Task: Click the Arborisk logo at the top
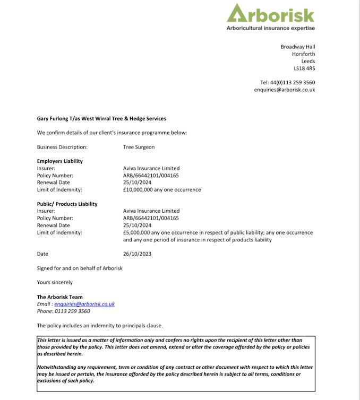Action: [270, 14]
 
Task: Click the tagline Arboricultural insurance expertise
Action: [270, 28]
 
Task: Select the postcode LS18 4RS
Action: [304, 68]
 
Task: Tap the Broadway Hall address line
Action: [298, 47]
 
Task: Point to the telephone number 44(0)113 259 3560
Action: [292, 82]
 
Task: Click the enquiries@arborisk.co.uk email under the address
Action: [284, 90]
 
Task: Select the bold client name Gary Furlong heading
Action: [101, 118]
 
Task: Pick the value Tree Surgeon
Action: [139, 147]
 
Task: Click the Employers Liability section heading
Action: [60, 161]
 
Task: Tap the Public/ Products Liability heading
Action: [67, 204]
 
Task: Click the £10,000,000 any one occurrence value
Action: [162, 189]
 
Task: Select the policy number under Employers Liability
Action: [151, 175]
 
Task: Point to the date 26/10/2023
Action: [137, 254]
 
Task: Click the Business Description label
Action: [62, 147]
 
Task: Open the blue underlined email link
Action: [84, 304]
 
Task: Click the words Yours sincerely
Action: [55, 282]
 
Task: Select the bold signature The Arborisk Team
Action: [60, 297]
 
